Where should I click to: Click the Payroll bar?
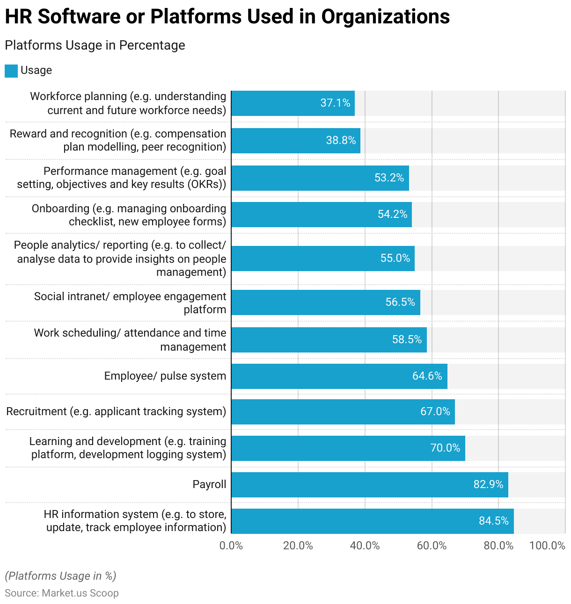[x=369, y=485]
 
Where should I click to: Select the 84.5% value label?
[x=493, y=521]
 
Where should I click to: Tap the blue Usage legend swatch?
[x=11, y=71]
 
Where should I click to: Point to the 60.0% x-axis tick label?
[x=432, y=546]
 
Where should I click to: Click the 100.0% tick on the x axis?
[x=547, y=546]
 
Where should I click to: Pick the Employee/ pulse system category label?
[x=165, y=376]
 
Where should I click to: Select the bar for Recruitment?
[x=343, y=412]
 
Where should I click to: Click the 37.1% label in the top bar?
[x=335, y=103]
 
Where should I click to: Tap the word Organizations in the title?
[x=385, y=17]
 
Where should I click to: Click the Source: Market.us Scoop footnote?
[x=62, y=593]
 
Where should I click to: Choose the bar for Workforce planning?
[x=293, y=103]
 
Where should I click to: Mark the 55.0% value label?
[x=395, y=258]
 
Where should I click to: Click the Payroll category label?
[x=209, y=484]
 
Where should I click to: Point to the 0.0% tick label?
[x=231, y=546]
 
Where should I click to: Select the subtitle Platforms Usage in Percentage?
[x=95, y=45]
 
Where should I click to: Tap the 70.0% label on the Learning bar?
[x=445, y=448]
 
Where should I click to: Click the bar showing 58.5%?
[x=329, y=340]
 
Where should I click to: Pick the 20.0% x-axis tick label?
[x=298, y=546]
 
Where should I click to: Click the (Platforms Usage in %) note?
[x=61, y=576]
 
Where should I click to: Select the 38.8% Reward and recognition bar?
[x=295, y=141]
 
